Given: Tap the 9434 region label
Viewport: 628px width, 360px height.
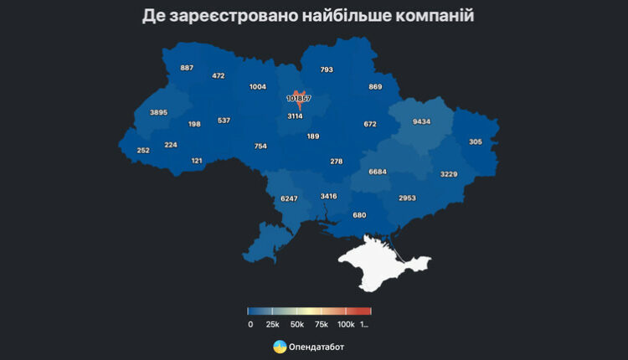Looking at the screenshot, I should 421,122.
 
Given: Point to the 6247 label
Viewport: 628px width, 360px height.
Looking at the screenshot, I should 289,198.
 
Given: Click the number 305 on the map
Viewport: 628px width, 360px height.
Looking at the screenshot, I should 476,142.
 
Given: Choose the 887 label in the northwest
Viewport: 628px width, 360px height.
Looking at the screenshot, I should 187,68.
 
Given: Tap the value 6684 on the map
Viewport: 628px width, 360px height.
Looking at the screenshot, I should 378,172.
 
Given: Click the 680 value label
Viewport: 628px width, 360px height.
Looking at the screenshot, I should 359,215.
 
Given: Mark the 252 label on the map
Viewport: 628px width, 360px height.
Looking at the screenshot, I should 143,151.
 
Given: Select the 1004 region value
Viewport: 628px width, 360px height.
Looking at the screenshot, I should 258,87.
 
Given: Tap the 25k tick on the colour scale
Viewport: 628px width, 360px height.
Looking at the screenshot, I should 272,324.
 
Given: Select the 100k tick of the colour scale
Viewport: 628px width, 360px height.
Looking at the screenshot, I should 345,324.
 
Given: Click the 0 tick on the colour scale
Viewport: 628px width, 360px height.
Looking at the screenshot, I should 250,324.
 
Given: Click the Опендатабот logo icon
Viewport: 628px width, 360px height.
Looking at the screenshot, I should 280,347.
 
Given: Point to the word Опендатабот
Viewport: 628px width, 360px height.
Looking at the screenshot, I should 318,347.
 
